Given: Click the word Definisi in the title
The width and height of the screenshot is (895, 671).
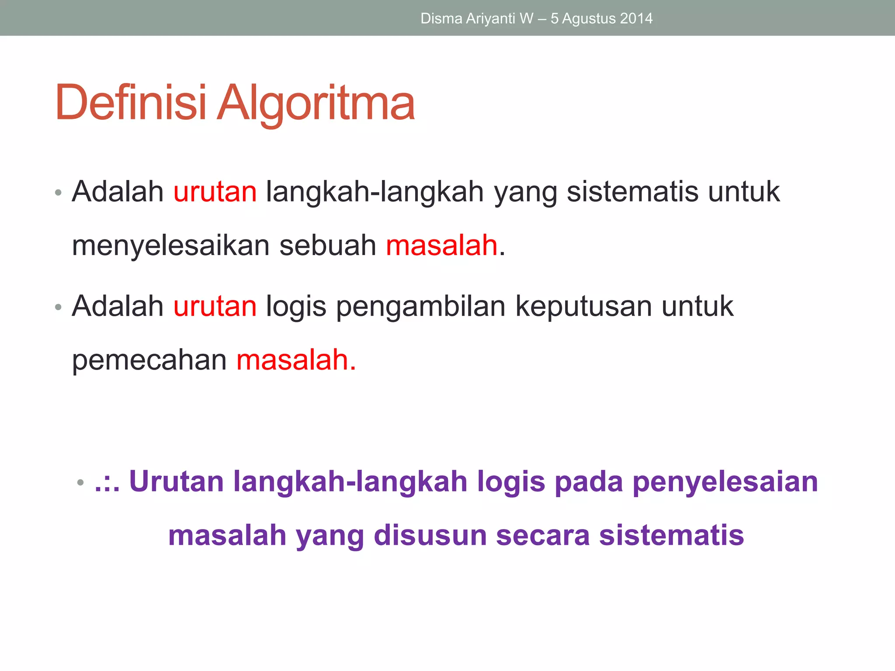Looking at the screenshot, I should click(130, 103).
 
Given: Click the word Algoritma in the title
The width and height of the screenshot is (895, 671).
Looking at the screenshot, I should click(316, 103).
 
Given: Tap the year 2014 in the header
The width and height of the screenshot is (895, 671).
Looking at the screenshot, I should click(636, 18).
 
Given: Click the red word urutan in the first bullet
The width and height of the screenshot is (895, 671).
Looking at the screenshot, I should click(215, 192).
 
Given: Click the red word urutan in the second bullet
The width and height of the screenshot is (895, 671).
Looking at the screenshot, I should click(215, 306).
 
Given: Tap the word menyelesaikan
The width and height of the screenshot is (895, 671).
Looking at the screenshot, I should click(170, 246).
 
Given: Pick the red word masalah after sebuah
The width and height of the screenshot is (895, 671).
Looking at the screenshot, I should click(441, 246).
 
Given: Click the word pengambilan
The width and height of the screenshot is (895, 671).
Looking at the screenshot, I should click(421, 306).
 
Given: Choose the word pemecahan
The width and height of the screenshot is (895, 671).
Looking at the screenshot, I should click(149, 360).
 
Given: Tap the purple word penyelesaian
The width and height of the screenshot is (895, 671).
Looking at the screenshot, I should click(725, 481).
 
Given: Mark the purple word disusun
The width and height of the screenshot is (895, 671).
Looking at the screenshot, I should click(430, 536).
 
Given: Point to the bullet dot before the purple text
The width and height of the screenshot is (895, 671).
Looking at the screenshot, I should click(80, 483).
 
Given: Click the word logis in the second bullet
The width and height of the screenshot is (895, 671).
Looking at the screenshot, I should click(296, 306).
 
